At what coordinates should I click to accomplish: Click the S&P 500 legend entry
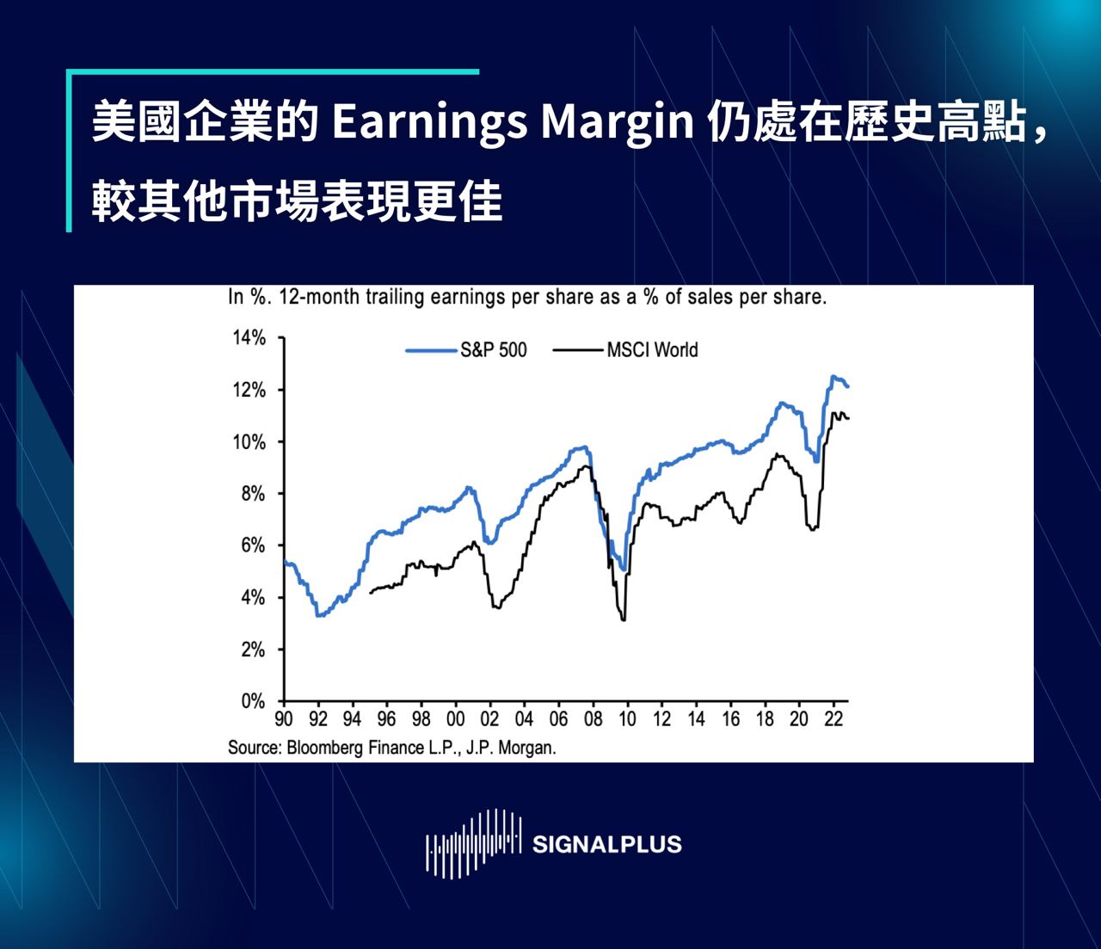466,350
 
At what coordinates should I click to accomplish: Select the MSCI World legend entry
625,350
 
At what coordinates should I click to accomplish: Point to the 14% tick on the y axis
249,338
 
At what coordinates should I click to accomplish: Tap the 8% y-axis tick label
254,494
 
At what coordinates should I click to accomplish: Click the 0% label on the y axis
254,701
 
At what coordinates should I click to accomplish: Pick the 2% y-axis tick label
254,650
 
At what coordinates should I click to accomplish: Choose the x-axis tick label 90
284,719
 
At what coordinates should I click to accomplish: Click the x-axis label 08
594,719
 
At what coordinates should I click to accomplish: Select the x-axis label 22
833,719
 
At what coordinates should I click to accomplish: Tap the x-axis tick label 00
455,719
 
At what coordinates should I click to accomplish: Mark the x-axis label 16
731,719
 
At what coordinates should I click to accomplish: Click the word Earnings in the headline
430,124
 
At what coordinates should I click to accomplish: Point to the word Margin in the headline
618,124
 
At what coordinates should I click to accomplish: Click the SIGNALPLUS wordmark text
607,844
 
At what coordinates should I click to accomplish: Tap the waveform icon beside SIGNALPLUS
474,843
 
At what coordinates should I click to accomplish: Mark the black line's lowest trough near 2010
624,620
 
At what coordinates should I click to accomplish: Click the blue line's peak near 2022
833,376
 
